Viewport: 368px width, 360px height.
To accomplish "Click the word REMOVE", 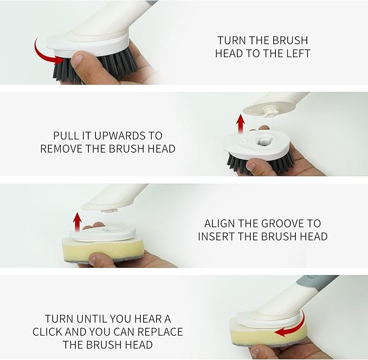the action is pyautogui.click(x=61, y=149).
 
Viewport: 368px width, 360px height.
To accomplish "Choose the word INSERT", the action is pyautogui.click(x=216, y=236).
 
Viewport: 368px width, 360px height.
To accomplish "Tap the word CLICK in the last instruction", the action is pyautogui.click(x=47, y=332).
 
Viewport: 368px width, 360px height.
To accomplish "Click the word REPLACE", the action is pyautogui.click(x=160, y=332).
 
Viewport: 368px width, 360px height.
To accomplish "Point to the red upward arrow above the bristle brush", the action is pyautogui.click(x=240, y=124).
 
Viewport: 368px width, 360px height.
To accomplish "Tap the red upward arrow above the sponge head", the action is pyautogui.click(x=77, y=222).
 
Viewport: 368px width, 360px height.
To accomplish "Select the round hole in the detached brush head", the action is pyautogui.click(x=263, y=141).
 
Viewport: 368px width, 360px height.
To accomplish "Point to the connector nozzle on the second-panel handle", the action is pyautogui.click(x=269, y=111).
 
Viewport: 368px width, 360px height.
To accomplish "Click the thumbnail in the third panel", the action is pyautogui.click(x=93, y=259).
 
